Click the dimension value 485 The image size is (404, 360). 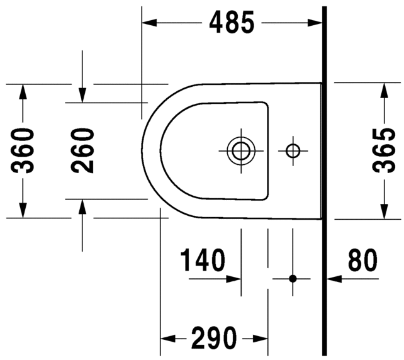pos(232,23)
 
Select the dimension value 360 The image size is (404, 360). pos(23,150)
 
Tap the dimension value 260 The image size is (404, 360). pos(82,150)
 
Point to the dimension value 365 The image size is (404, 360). pos(383,150)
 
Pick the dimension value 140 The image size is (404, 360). pos(203,261)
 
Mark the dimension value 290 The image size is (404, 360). pos(215,338)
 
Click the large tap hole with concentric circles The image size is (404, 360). pos(240,150)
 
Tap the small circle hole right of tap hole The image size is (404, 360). pos(293,150)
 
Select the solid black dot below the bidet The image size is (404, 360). pos(293,278)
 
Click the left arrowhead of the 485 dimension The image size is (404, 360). pos(149,23)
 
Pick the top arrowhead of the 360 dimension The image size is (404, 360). pos(23,90)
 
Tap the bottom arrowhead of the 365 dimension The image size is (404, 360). pos(383,212)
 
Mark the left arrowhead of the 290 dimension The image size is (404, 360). pos(167,338)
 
